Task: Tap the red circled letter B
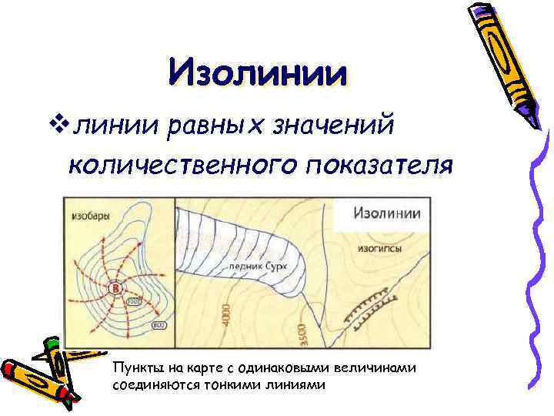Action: tap(116, 289)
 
